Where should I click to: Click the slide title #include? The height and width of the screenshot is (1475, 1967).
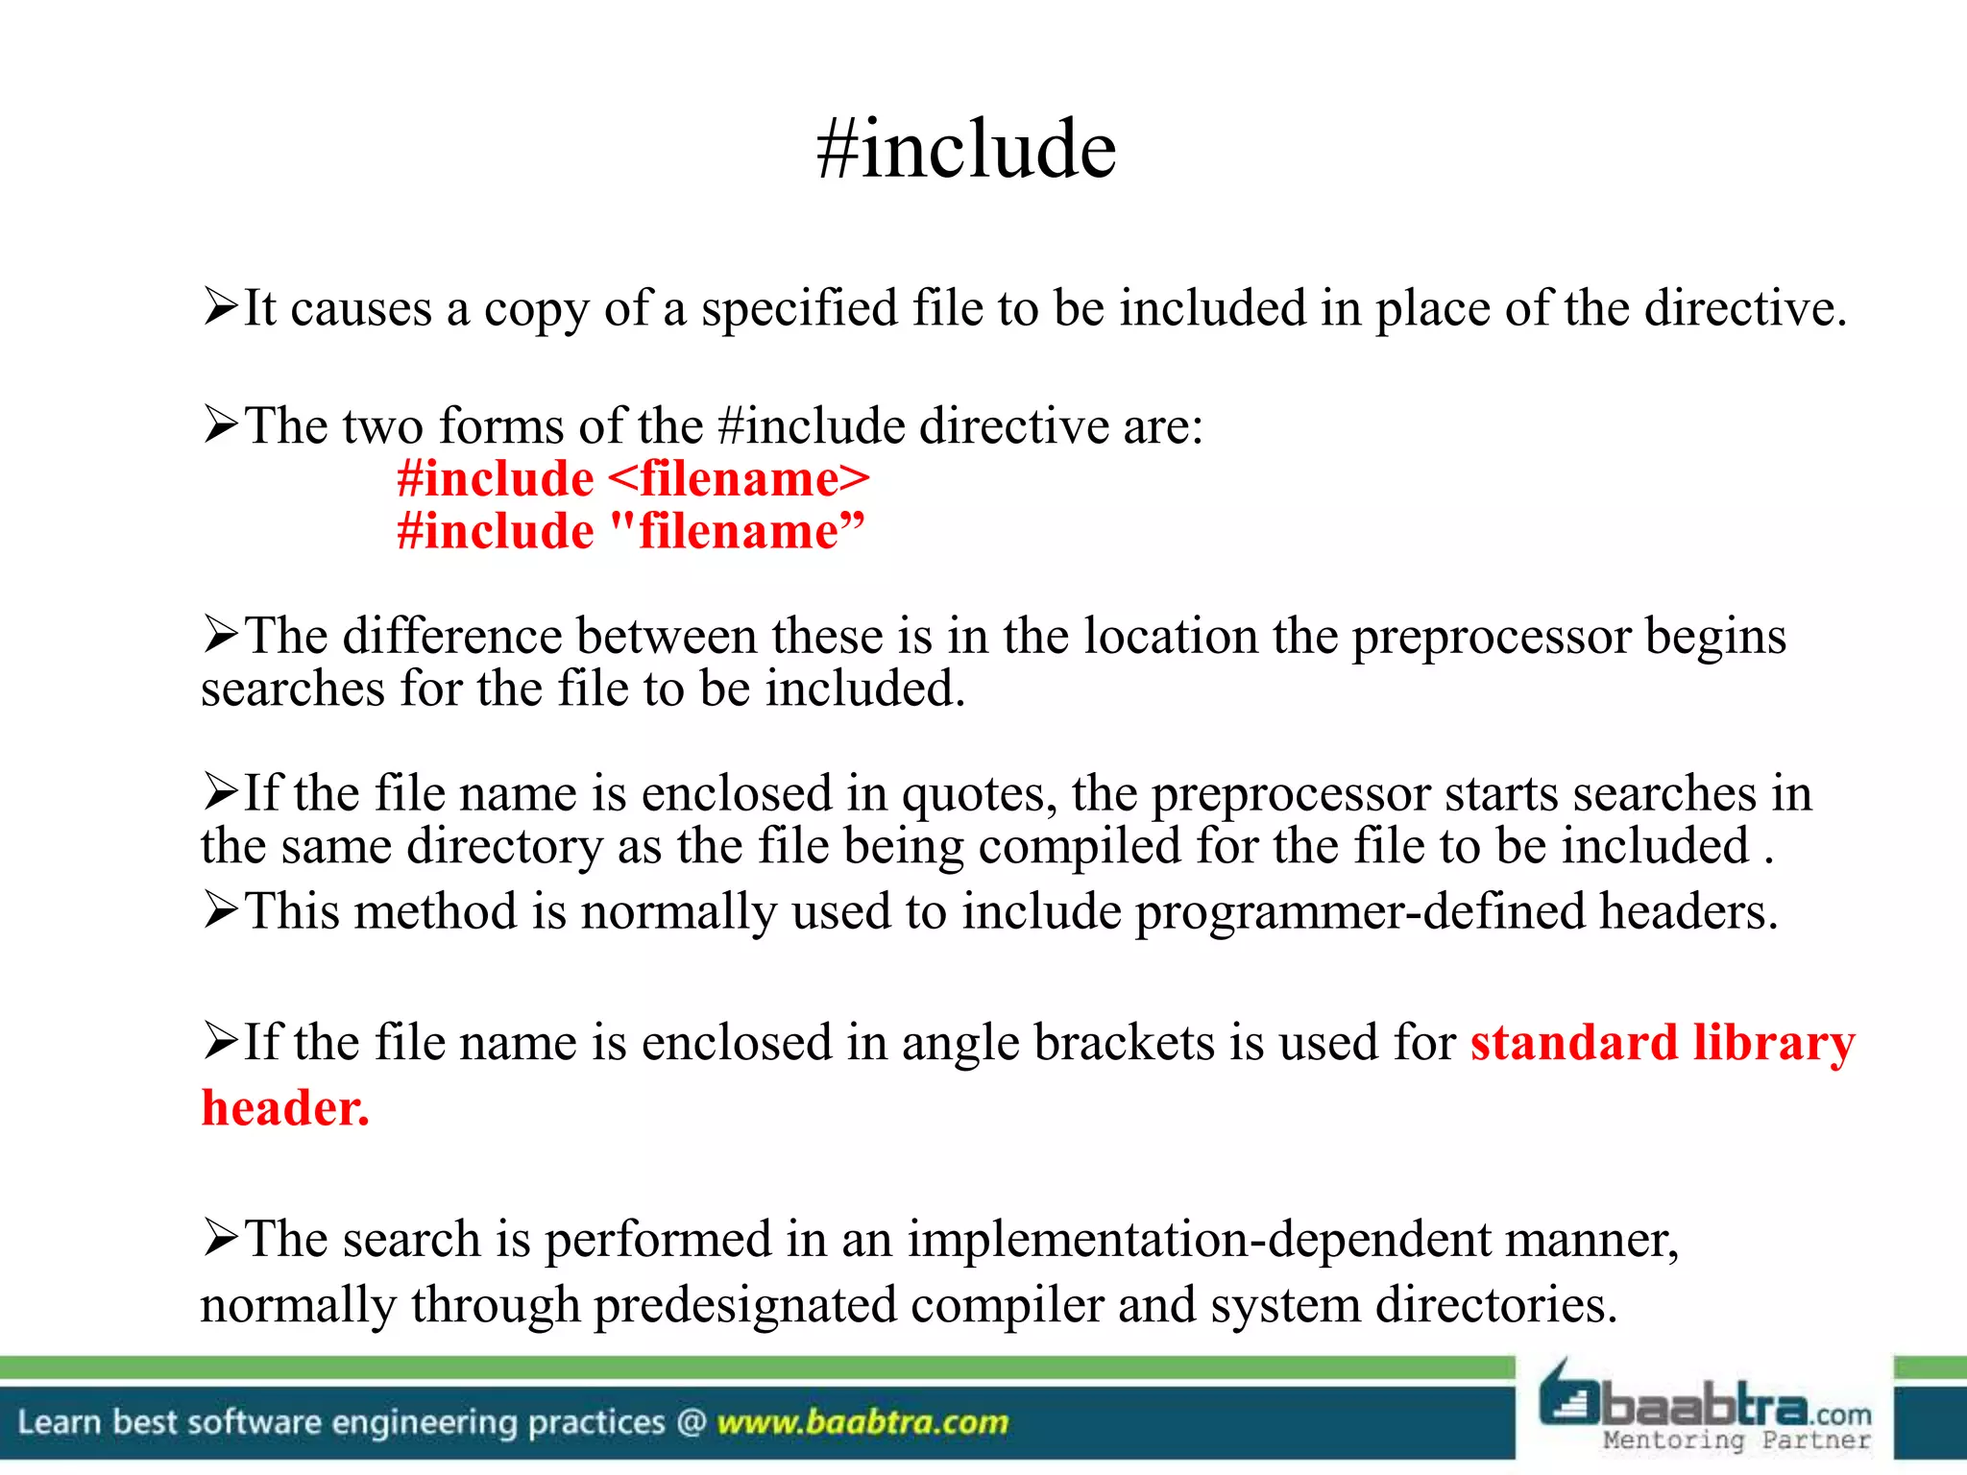966,150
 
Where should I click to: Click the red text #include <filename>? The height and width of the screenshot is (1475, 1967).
633,478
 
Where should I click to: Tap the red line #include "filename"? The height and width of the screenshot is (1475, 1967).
631,531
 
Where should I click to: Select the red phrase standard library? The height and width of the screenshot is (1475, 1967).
1662,1044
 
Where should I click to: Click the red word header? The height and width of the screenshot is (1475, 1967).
284,1108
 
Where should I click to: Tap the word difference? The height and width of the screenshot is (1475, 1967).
451,637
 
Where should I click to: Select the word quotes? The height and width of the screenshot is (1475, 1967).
979,795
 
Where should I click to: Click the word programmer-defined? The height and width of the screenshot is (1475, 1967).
1360,911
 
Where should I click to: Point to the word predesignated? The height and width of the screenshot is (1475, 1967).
744,1306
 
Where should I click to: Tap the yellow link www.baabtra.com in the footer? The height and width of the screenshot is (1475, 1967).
862,1422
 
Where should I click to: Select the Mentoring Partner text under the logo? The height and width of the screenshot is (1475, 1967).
1736,1440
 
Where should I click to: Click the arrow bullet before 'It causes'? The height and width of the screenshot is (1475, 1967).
220,307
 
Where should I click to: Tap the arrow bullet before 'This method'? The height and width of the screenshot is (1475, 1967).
220,910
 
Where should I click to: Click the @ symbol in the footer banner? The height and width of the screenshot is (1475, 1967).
691,1422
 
